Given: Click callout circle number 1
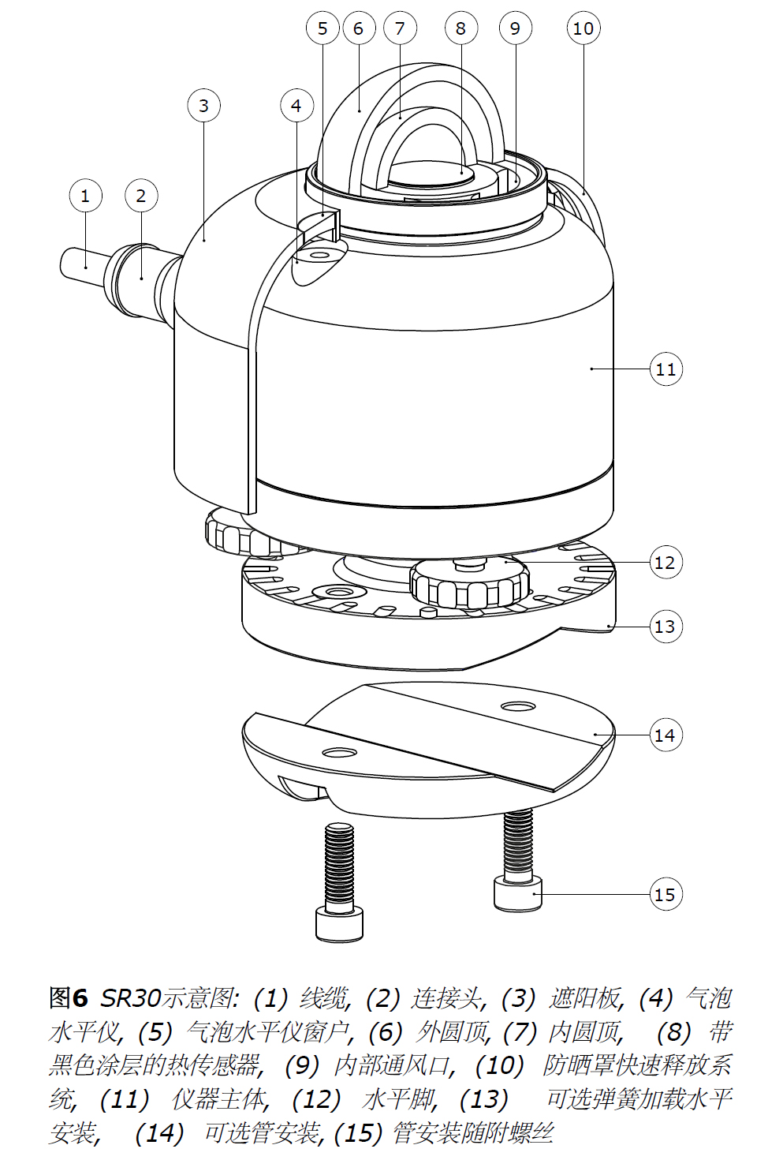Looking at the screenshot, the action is (x=85, y=196).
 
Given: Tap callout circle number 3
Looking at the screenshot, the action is (x=204, y=106).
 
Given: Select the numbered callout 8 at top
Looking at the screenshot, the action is (x=460, y=28).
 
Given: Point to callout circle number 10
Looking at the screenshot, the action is (x=583, y=28).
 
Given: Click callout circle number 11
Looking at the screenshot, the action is (x=666, y=369).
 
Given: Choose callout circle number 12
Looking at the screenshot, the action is (x=666, y=563).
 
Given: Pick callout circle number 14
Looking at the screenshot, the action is (x=666, y=735).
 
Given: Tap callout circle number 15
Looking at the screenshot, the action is (x=666, y=894).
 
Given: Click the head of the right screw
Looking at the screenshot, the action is (x=518, y=894).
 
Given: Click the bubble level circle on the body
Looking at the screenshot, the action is (x=320, y=256).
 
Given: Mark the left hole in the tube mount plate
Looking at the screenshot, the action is (x=338, y=751).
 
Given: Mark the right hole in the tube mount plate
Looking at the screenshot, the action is (x=519, y=705).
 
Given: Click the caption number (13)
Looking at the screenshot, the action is (x=484, y=1099).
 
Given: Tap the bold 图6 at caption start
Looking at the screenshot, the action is (x=69, y=998).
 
